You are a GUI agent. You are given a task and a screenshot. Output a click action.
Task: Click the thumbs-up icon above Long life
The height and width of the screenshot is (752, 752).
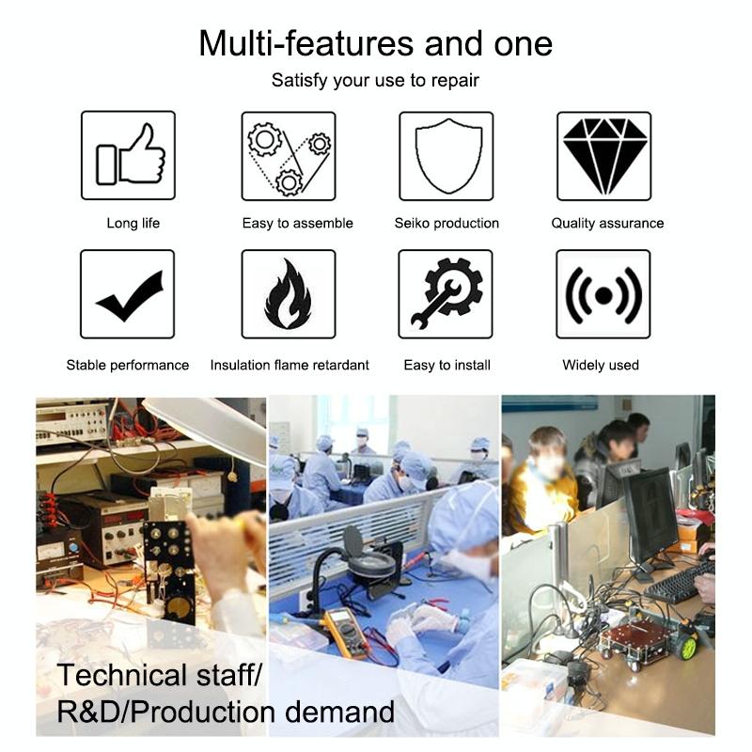point(131,154)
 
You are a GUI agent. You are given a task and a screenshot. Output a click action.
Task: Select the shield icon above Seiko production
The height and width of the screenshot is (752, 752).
point(448,156)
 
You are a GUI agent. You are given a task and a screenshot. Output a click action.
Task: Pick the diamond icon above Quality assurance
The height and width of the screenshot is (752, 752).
point(604,156)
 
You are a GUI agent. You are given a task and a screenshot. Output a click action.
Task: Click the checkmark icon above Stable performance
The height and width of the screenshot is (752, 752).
point(130,296)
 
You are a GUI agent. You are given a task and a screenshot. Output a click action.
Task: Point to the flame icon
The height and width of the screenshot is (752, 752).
point(288,294)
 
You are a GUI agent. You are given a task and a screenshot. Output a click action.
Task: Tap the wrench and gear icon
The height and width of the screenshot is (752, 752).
point(446,293)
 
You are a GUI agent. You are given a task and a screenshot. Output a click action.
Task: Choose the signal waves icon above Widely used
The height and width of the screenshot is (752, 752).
point(603,295)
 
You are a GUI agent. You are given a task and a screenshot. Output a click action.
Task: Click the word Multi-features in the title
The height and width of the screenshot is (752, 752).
point(306,43)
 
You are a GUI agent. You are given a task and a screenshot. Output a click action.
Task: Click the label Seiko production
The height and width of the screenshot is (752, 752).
point(446,223)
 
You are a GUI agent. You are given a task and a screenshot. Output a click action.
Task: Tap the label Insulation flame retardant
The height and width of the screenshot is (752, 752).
point(290,365)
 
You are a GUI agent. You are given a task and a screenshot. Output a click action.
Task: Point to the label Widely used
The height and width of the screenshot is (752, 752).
point(601,365)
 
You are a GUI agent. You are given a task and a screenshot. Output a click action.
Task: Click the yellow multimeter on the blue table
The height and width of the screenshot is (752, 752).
point(346,632)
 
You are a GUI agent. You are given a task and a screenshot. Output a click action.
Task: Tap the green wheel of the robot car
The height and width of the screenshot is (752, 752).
point(688,648)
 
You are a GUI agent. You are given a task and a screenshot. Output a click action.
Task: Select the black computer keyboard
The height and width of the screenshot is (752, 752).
point(679,583)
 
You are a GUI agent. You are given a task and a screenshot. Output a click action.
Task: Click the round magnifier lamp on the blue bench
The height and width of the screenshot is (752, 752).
point(369,564)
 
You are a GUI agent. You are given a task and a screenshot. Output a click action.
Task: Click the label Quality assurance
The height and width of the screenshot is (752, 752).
point(607,223)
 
